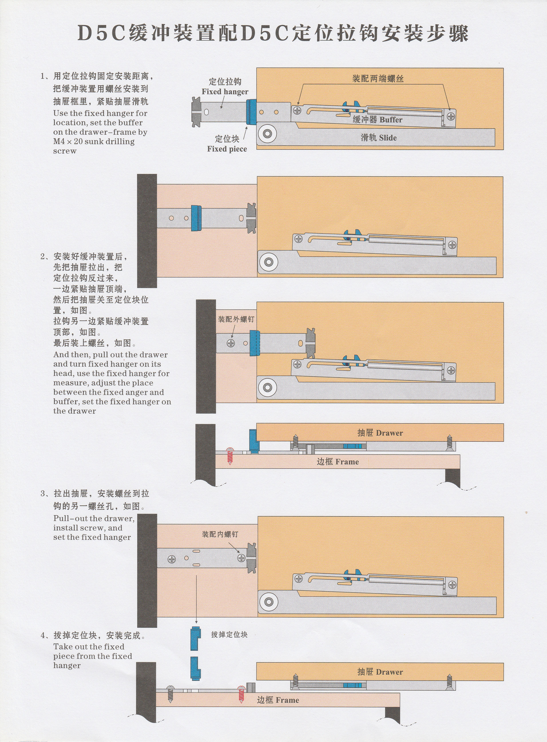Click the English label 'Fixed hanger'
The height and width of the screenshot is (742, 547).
(225, 92)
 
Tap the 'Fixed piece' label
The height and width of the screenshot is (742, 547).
(227, 149)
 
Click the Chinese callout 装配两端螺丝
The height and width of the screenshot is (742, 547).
(378, 79)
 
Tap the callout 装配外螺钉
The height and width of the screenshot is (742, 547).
(236, 319)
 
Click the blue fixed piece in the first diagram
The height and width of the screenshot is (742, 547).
(251, 112)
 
